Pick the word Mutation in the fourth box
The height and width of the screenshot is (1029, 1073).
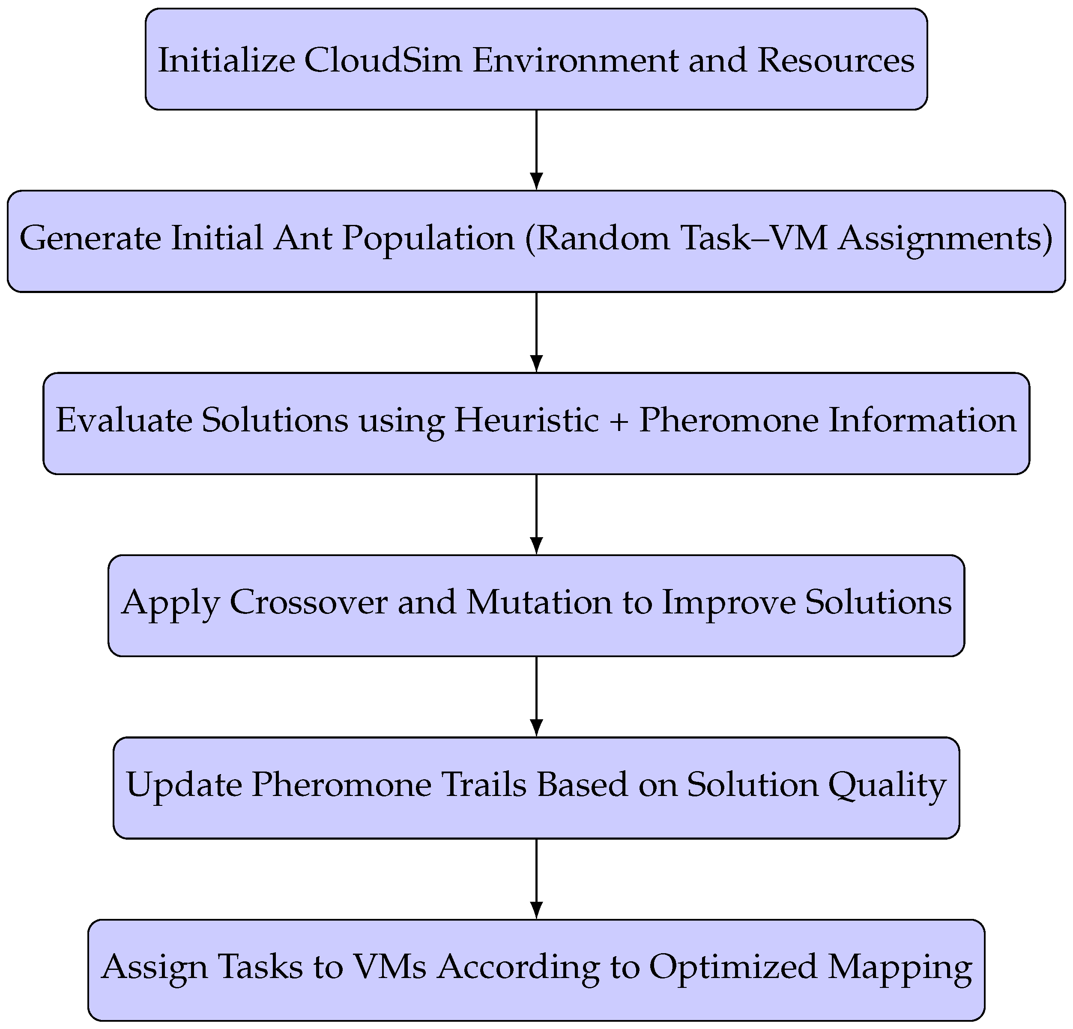[539, 603]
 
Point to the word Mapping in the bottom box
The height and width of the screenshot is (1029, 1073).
[900, 968]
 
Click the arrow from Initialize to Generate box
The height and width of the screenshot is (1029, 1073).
[536, 149]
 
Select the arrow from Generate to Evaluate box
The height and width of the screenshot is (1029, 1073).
[536, 331]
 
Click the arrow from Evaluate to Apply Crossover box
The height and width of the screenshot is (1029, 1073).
[536, 514]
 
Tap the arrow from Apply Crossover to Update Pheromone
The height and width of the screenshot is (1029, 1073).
[536, 695]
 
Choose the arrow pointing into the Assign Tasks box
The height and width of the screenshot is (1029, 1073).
[536, 878]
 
